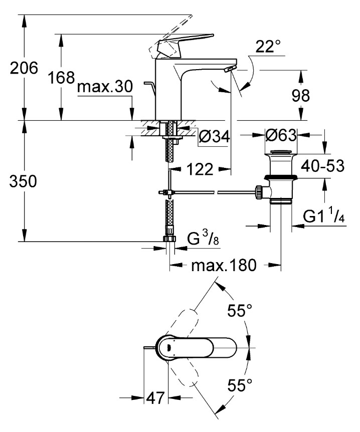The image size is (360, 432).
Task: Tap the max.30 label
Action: (105, 87)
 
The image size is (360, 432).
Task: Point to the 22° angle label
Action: (268, 47)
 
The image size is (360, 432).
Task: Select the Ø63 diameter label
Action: (281, 135)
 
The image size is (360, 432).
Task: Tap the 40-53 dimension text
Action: (322, 165)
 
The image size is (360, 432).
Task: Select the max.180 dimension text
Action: (224, 265)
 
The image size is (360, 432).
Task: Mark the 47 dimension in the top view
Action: (156, 399)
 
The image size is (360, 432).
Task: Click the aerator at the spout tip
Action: (229, 69)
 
